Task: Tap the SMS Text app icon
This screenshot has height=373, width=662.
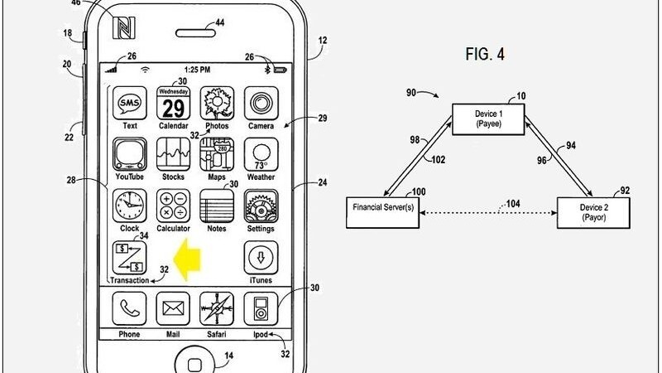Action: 129,104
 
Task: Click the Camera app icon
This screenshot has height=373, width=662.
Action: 261,104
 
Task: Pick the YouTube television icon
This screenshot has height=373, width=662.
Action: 129,156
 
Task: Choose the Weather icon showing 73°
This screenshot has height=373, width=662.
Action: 261,156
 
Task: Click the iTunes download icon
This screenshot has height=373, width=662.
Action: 261,258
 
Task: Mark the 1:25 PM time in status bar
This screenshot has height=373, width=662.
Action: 195,67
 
